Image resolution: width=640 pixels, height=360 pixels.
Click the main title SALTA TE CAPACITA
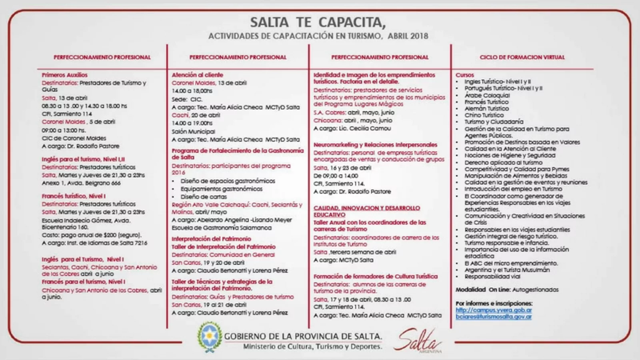coord(318,22)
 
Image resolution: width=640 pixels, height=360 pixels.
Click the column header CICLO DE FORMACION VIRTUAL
coord(522,57)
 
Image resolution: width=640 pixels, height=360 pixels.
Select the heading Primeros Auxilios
coord(64,75)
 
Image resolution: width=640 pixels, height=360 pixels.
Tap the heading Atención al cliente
coord(197,75)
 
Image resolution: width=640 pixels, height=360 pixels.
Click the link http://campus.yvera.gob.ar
coord(494,310)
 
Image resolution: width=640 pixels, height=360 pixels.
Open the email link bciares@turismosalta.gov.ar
coord(494,317)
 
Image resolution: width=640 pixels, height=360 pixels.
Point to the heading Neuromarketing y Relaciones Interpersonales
coord(375,145)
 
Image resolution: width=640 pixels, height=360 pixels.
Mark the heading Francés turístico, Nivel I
coord(74,196)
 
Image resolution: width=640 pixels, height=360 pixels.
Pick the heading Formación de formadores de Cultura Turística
coord(375,276)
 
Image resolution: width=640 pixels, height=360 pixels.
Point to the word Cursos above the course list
coord(464,75)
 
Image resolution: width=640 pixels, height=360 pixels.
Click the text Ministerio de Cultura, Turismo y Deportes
coord(312,346)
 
